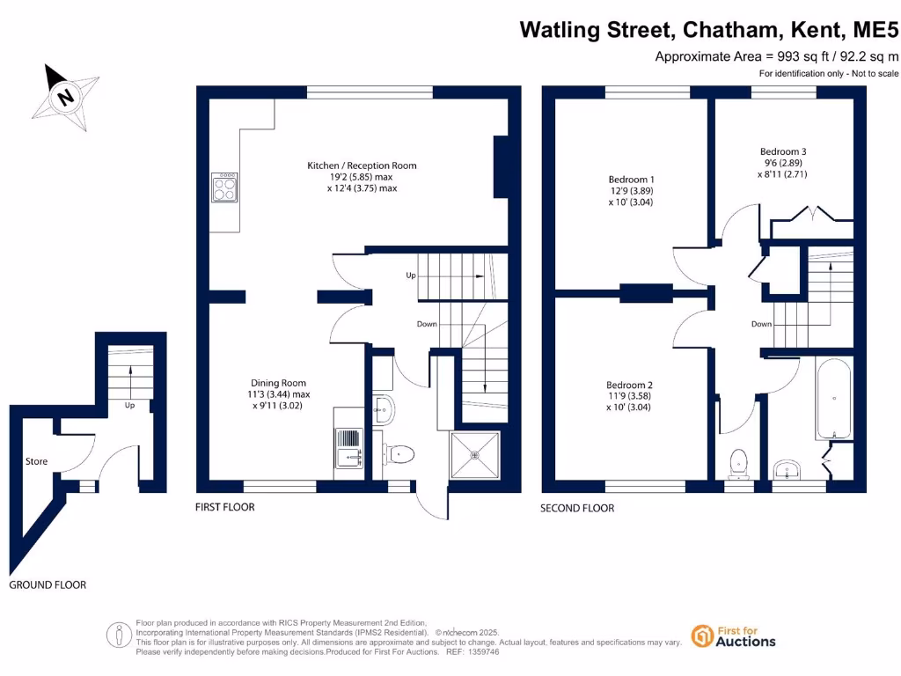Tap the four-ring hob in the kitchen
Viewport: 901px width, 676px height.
coord(224,187)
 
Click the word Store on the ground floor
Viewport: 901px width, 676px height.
coord(36,461)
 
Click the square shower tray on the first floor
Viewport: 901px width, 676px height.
coord(475,454)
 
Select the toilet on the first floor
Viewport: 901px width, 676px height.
coord(399,454)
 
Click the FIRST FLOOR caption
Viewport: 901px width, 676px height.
coord(224,508)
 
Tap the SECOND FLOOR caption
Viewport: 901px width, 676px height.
coord(577,508)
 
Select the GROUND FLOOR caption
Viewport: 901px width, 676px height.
coord(48,585)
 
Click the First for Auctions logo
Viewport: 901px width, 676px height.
coord(734,636)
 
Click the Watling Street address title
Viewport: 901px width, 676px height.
coord(709,30)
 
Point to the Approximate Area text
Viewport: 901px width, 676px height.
coord(778,56)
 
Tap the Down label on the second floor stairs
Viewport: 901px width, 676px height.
coord(761,324)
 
